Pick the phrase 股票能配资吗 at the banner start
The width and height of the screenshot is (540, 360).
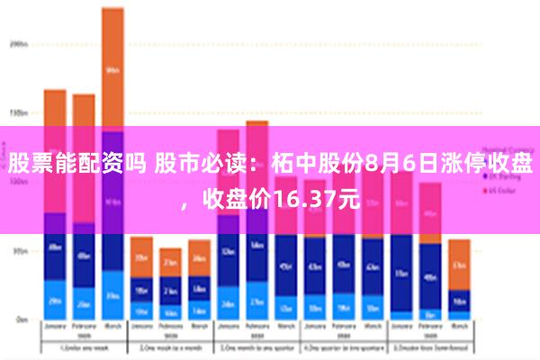(x=76, y=164)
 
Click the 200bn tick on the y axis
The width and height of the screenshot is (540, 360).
(x=19, y=42)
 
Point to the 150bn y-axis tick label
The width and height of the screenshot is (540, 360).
(x=19, y=113)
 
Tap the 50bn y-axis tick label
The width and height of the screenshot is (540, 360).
(x=19, y=251)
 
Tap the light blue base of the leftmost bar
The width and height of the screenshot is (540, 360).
(x=55, y=301)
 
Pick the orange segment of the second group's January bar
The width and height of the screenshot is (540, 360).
(x=141, y=256)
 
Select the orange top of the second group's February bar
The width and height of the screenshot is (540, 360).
(x=170, y=262)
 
